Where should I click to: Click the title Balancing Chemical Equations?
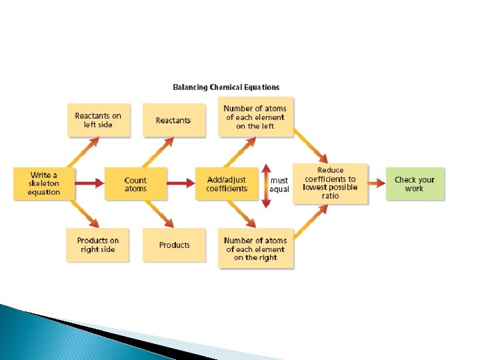pyautogui.click(x=226, y=87)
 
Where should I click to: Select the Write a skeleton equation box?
pyautogui.click(x=43, y=184)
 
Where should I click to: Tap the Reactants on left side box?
pyautogui.click(x=98, y=120)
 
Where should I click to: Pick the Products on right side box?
pyautogui.click(x=97, y=245)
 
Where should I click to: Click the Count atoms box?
pyautogui.click(x=135, y=184)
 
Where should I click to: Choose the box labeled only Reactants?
pyautogui.click(x=173, y=120)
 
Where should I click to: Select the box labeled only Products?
pyautogui.click(x=174, y=245)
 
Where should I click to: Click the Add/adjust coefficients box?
pyautogui.click(x=226, y=184)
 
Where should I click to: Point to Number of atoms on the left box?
pyautogui.click(x=255, y=117)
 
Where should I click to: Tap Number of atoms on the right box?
pyautogui.click(x=255, y=249)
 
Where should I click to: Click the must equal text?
pyautogui.click(x=279, y=185)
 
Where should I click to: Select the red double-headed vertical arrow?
pyautogui.click(x=266, y=185)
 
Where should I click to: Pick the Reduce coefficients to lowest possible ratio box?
pyautogui.click(x=330, y=183)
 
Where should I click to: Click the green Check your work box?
pyautogui.click(x=414, y=183)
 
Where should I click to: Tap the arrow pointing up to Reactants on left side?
pyautogui.click(x=85, y=151)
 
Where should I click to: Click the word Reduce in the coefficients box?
pyautogui.click(x=330, y=171)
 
